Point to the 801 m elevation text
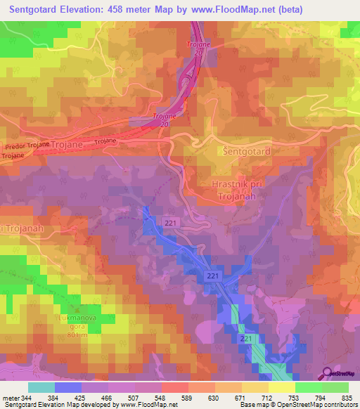coord(78,335)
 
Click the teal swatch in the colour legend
coord(41,387)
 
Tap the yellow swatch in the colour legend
coord(281,387)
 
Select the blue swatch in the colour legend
coord(67,387)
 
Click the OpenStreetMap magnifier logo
coord(327,372)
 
